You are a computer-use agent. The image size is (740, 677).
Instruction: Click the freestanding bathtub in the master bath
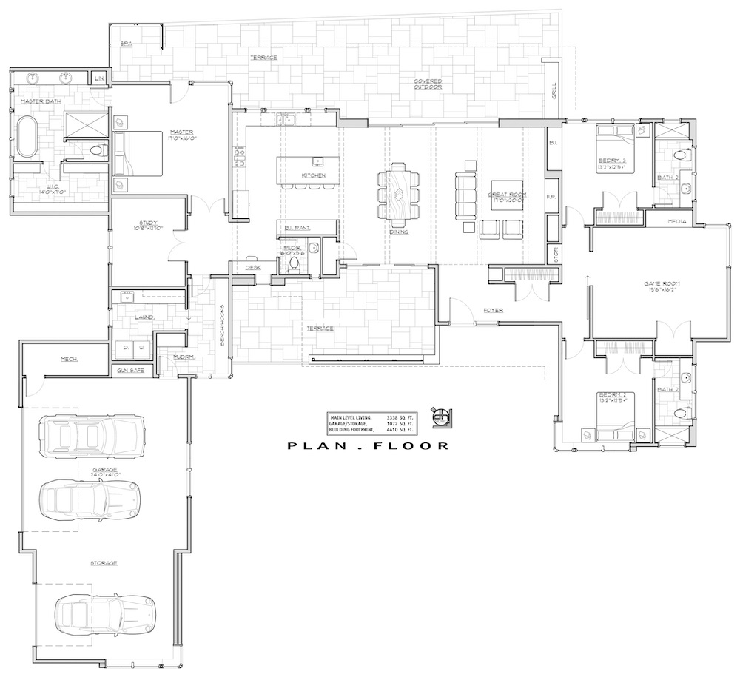pyautogui.click(x=30, y=135)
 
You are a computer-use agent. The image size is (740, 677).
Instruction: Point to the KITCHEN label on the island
pyautogui.click(x=313, y=175)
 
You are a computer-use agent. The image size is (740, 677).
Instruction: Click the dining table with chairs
pyautogui.click(x=398, y=195)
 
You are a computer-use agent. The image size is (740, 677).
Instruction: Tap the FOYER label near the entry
pyautogui.click(x=494, y=310)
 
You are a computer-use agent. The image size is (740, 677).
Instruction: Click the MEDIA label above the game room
pyautogui.click(x=677, y=221)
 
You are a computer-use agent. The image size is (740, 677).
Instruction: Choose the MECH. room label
pyautogui.click(x=70, y=360)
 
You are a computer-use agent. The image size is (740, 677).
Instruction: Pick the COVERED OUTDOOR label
pyautogui.click(x=428, y=84)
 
